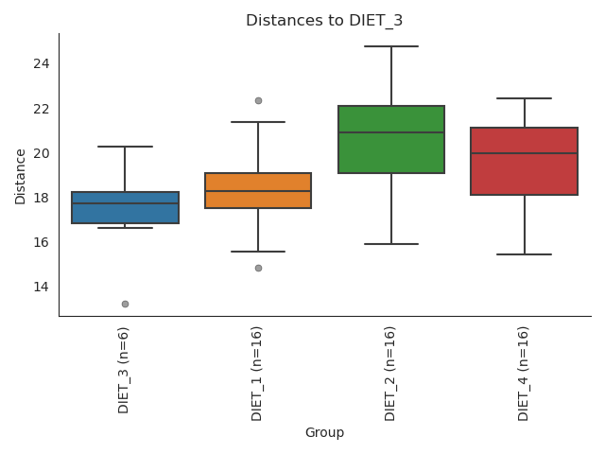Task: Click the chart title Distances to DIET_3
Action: [x=324, y=21]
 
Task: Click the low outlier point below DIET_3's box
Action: [x=125, y=304]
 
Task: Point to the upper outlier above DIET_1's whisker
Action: [x=258, y=100]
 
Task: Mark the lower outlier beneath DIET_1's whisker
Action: [x=258, y=268]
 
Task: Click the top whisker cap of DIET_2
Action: [x=391, y=46]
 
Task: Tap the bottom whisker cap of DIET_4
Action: [x=525, y=254]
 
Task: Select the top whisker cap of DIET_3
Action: [x=125, y=147]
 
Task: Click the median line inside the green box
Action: [x=391, y=132]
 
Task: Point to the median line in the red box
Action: [x=525, y=153]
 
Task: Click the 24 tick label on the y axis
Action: [x=42, y=63]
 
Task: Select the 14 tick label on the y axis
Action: [x=42, y=287]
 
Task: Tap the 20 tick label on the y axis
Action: [x=42, y=153]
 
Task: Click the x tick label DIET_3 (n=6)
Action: [x=124, y=370]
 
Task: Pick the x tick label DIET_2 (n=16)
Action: [x=390, y=373]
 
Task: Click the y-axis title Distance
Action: [x=21, y=176]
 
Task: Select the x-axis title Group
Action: [x=324, y=433]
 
